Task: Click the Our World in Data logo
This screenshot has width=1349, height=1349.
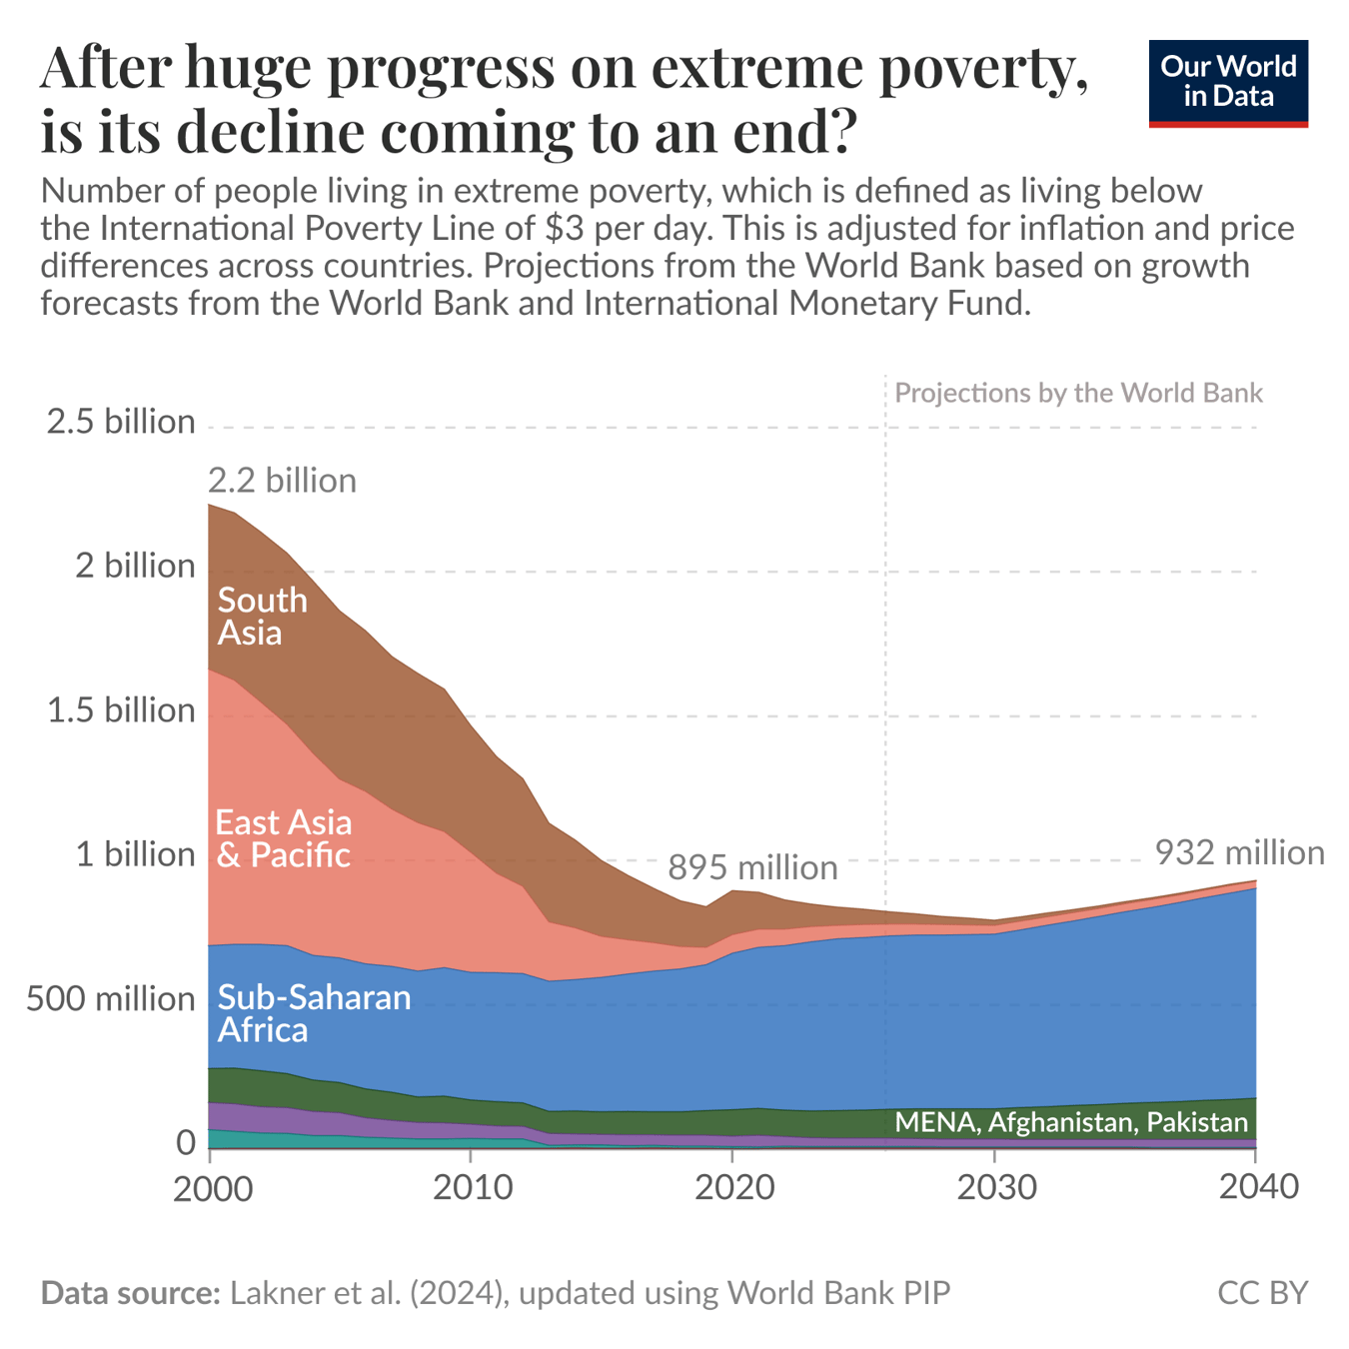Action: (x=1227, y=83)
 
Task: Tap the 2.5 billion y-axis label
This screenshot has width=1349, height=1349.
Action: (x=121, y=422)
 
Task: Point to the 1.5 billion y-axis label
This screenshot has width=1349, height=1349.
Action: (x=121, y=710)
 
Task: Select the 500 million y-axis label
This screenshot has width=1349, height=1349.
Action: (x=110, y=998)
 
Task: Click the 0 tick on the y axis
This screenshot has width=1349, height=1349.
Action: (x=185, y=1142)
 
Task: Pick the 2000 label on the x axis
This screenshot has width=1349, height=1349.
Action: (x=210, y=1188)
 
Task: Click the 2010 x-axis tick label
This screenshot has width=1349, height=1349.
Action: (x=471, y=1188)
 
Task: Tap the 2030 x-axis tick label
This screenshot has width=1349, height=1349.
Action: (x=994, y=1188)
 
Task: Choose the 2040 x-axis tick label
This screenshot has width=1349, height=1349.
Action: (x=1255, y=1188)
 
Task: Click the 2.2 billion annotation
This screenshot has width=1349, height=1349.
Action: (x=282, y=481)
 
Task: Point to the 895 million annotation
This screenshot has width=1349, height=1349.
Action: (x=752, y=867)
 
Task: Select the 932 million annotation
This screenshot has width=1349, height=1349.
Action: (x=1239, y=852)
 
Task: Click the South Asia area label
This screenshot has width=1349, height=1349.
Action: (x=262, y=616)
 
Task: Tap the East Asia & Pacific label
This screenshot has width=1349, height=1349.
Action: (x=284, y=838)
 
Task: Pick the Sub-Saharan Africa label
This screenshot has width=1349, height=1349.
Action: (x=314, y=1012)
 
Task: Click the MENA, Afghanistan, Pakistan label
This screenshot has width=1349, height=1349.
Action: (x=1071, y=1122)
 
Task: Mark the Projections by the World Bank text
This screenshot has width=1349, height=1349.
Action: (x=1078, y=393)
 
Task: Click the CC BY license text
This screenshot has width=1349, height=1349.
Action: (x=1262, y=1293)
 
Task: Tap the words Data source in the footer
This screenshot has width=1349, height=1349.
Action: (x=130, y=1293)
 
